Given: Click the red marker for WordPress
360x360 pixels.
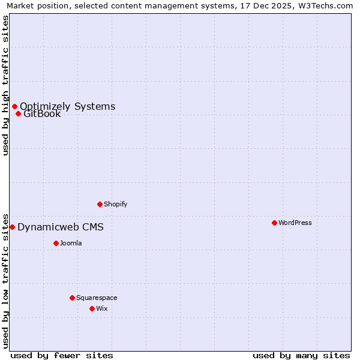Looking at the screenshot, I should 274,223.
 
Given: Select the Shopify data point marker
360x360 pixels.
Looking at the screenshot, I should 100,204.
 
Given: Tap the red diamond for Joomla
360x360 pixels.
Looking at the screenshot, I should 56,243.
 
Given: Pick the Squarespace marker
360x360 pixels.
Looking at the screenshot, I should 72,298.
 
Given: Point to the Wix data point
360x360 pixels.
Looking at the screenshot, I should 92,308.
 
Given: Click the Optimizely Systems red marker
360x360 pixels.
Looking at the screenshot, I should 14,107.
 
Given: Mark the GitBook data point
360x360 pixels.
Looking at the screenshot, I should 18,114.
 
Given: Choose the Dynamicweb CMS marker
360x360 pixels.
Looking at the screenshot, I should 12,227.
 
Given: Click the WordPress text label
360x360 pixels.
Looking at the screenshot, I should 295,223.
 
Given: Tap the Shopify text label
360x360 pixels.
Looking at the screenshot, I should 116,204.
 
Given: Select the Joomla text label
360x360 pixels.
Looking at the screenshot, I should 71,243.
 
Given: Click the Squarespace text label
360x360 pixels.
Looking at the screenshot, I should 97,298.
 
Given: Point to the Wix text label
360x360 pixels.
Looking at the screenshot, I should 102,308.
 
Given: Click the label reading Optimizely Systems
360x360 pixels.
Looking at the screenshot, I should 68,107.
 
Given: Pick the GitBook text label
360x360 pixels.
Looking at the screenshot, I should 42,114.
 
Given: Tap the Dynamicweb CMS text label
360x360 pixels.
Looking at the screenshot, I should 61,227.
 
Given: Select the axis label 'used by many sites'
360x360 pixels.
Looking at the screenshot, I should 301,355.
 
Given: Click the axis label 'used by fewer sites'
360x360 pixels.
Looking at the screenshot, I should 62,355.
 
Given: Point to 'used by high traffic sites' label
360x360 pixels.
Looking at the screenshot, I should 5,85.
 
